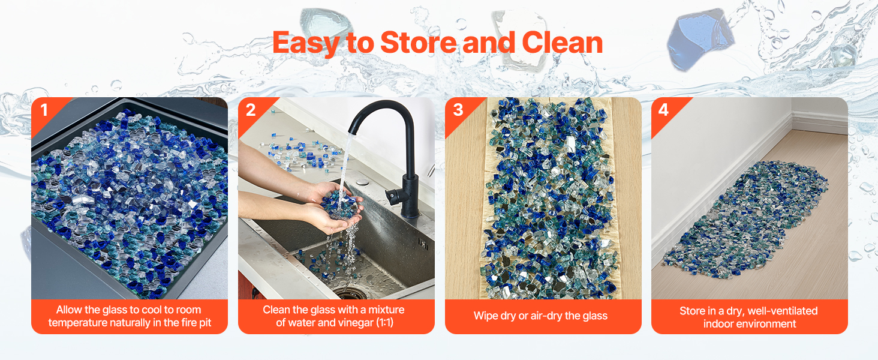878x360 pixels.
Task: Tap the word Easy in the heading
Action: pos(306,44)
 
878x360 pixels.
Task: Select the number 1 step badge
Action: pos(44,110)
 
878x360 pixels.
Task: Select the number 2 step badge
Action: pos(251,110)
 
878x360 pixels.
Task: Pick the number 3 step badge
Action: pos(458,110)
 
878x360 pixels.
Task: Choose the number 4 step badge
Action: pos(663,110)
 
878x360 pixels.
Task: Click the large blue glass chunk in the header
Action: pos(700,39)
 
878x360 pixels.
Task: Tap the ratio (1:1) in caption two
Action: pos(384,323)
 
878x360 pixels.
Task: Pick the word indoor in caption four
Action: pos(717,323)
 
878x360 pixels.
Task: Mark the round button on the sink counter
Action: pos(363,182)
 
